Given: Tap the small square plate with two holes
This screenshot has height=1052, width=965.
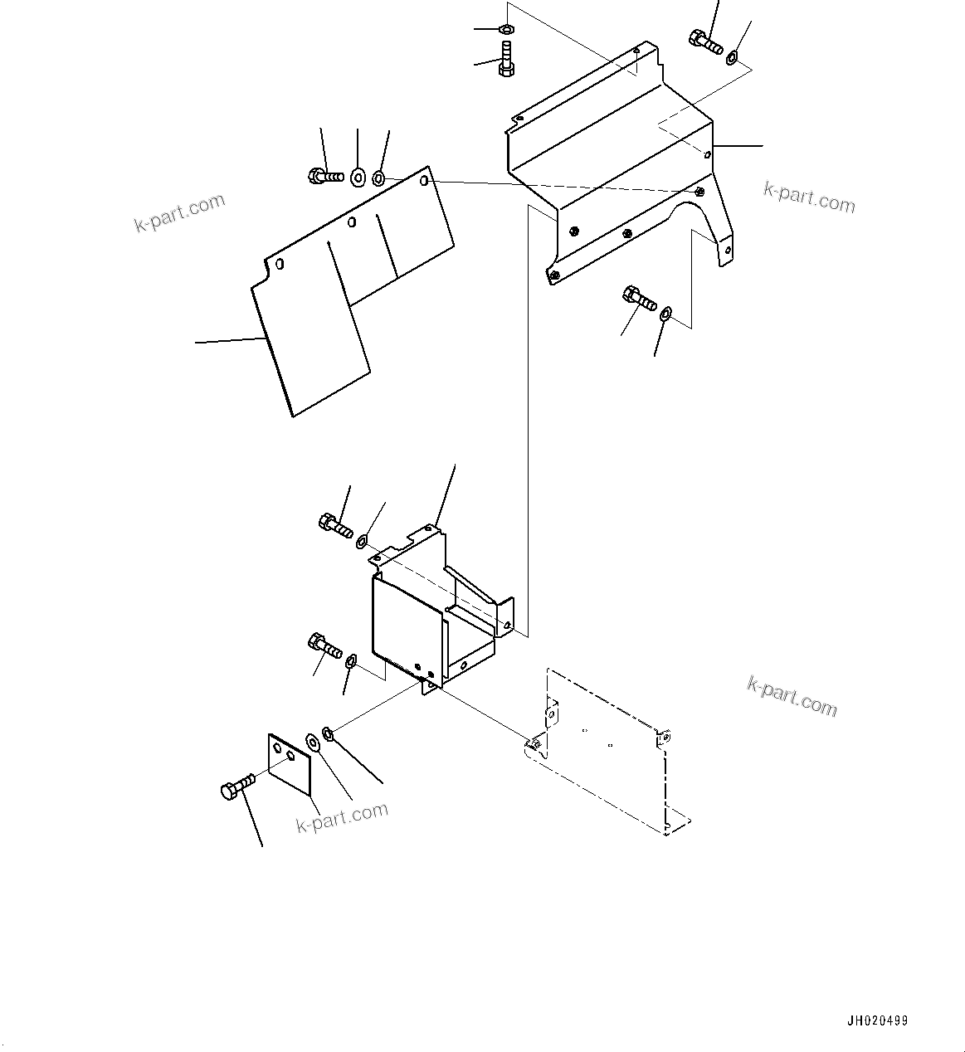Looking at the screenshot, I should point(289,762).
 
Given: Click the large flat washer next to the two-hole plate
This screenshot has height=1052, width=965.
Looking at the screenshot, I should point(314,743).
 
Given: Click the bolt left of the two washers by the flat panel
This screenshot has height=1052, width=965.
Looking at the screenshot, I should point(324,176).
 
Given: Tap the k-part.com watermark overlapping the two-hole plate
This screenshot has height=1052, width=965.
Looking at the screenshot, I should point(342,816).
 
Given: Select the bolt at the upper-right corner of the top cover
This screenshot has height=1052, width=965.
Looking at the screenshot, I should point(705,41).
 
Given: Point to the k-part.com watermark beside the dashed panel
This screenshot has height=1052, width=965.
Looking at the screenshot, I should point(792,696).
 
